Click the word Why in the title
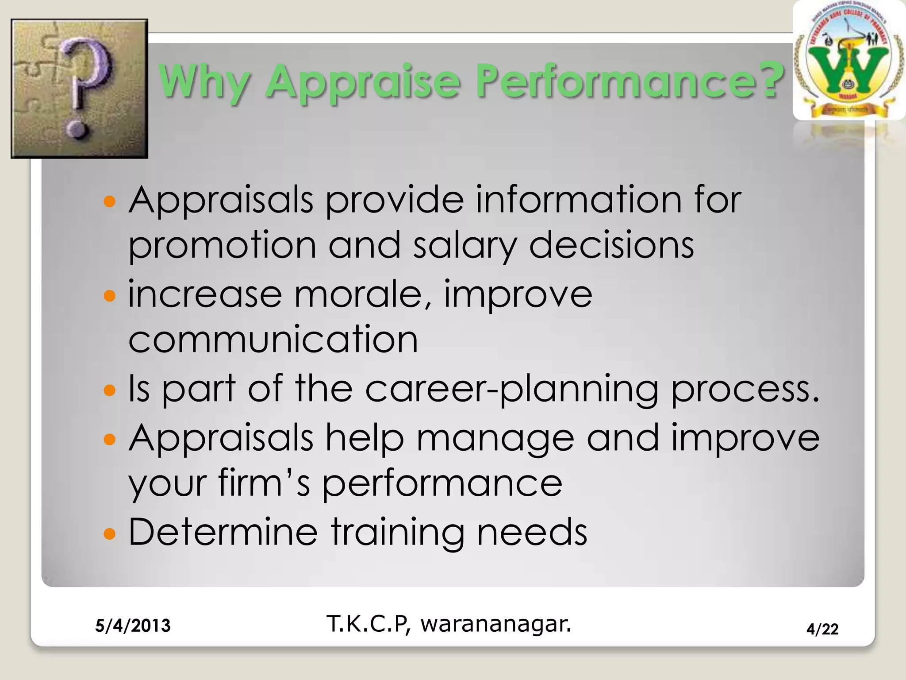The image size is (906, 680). [x=204, y=82]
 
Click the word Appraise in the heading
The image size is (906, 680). [x=363, y=82]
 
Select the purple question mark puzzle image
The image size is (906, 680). [x=79, y=89]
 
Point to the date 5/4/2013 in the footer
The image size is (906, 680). [x=133, y=626]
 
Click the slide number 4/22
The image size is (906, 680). [x=822, y=629]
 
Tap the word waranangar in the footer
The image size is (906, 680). [x=495, y=624]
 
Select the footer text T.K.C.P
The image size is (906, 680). [x=367, y=624]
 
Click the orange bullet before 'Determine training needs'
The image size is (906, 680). [x=109, y=533]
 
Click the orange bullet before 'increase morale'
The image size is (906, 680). [x=109, y=295]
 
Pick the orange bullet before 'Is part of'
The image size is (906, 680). [x=109, y=390]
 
